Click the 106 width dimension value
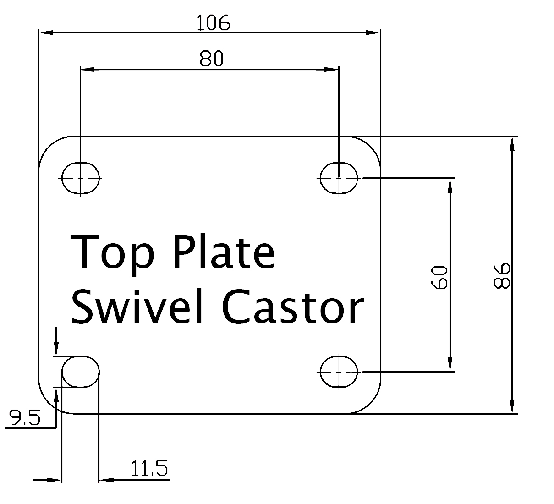213,23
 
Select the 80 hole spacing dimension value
211,59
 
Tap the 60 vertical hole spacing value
439,277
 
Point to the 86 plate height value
502,275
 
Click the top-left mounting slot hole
81,177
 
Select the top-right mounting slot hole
339,177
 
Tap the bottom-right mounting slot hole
339,371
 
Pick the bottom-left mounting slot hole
81,372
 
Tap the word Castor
293,307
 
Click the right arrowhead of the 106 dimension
373,33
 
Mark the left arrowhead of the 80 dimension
88,70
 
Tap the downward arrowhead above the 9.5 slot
56,350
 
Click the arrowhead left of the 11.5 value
106,480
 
